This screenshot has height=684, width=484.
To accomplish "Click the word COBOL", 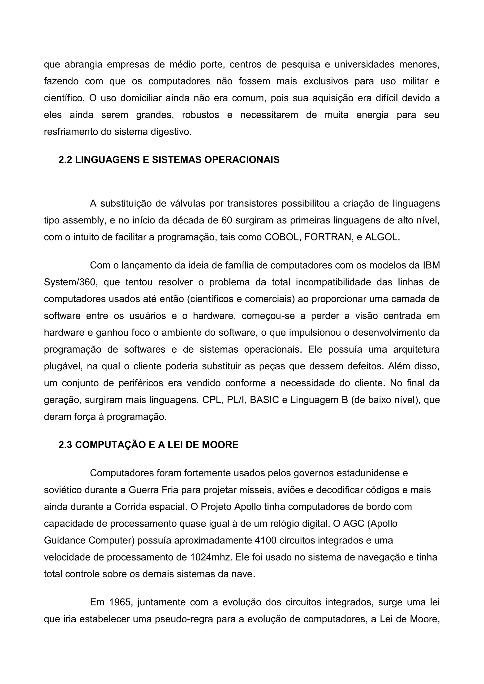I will [282, 237].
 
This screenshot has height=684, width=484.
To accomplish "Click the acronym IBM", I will [431, 265].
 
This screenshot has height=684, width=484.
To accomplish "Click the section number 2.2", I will [65, 160].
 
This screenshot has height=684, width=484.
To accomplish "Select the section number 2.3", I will [65, 445].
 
